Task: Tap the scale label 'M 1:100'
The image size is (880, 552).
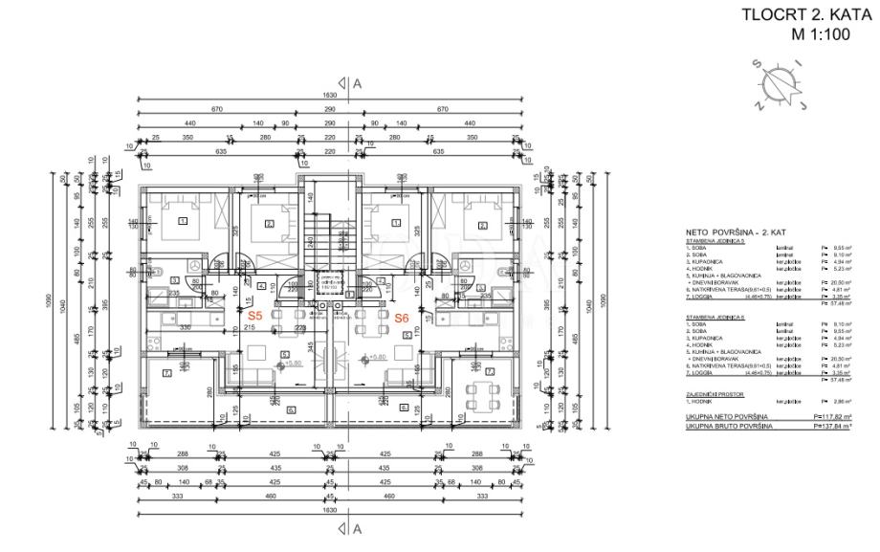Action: coord(822,34)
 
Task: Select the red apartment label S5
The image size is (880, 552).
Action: coord(255,316)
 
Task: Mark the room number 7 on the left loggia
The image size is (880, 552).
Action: coord(167,371)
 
